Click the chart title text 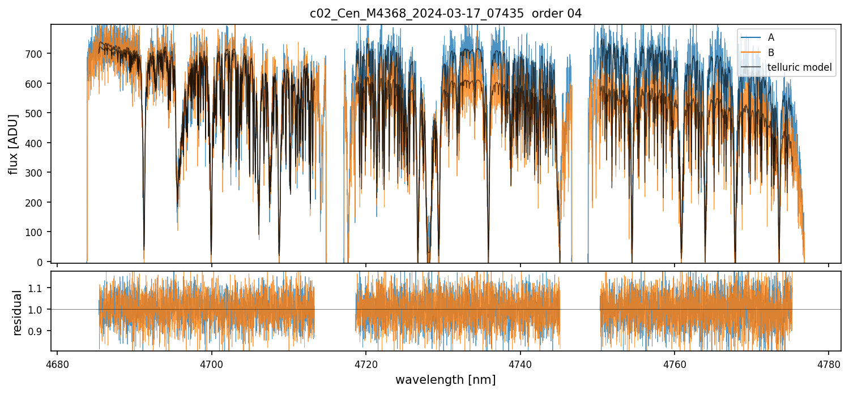pyautogui.click(x=445, y=14)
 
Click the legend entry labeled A pyautogui.click(x=770, y=38)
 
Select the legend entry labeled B pyautogui.click(x=770, y=53)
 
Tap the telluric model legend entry pyautogui.click(x=799, y=67)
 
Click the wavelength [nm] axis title pyautogui.click(x=445, y=379)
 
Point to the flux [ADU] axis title pyautogui.click(x=13, y=144)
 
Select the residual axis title pyautogui.click(x=17, y=312)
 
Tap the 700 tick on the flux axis pyautogui.click(x=38, y=54)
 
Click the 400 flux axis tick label pyautogui.click(x=38, y=143)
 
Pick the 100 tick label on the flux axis pyautogui.click(x=38, y=232)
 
